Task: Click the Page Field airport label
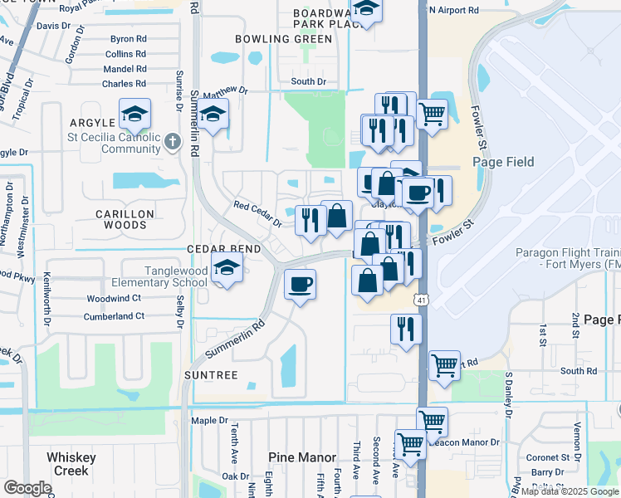503,162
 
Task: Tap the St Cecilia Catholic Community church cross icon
173,141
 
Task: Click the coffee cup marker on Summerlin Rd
300,285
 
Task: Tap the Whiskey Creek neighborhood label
71,464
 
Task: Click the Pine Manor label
302,457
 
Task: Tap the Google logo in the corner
27,488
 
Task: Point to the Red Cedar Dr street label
257,212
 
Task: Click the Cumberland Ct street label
115,316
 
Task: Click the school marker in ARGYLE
134,113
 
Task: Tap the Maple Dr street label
209,421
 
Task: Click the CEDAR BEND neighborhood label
223,249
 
